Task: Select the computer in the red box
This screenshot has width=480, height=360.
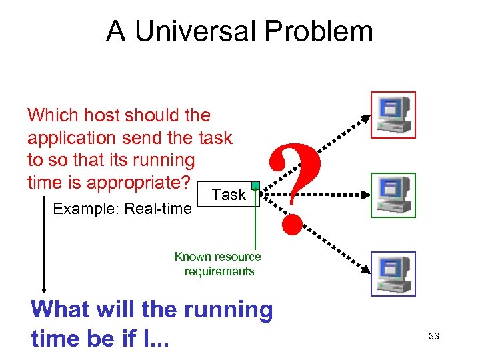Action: (x=393, y=114)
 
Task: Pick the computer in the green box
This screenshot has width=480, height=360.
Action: (x=393, y=195)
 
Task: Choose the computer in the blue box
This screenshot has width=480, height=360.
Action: (x=393, y=273)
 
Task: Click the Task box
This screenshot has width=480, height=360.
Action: (x=229, y=195)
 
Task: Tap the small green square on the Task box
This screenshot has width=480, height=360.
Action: (x=255, y=186)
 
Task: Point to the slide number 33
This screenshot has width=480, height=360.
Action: (x=433, y=337)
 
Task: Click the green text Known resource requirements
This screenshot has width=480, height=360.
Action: (x=218, y=264)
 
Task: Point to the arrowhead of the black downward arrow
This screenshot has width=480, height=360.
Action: (x=44, y=289)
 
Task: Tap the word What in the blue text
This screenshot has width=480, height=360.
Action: (x=60, y=310)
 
